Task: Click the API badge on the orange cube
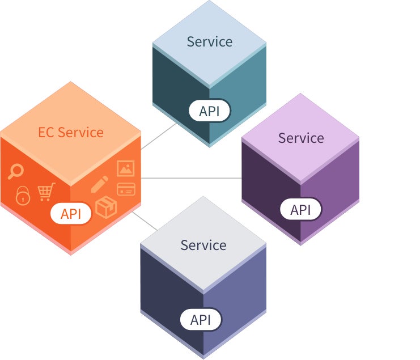pyautogui.click(x=71, y=214)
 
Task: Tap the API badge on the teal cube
pyautogui.click(x=210, y=111)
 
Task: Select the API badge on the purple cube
pyautogui.click(x=300, y=209)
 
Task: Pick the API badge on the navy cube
pyautogui.click(x=201, y=320)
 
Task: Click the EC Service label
pyautogui.click(x=71, y=132)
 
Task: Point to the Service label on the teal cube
pyautogui.click(x=210, y=42)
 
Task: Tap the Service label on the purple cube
pyautogui.click(x=301, y=138)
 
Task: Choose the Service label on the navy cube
pyautogui.click(x=203, y=245)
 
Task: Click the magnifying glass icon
pyautogui.click(x=15, y=171)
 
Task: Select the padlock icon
pyautogui.click(x=23, y=196)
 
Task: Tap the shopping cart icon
pyautogui.click(x=46, y=192)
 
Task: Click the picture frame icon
pyautogui.click(x=126, y=168)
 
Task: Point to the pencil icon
pyautogui.click(x=100, y=184)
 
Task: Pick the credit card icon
pyautogui.click(x=126, y=189)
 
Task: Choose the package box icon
pyautogui.click(x=106, y=207)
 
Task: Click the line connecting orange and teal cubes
pyautogui.click(x=159, y=136)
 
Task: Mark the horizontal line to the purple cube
pyautogui.click(x=191, y=178)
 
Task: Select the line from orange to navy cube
pyautogui.click(x=145, y=221)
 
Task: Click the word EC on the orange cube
pyautogui.click(x=46, y=132)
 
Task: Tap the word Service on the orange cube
pyautogui.click(x=80, y=132)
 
